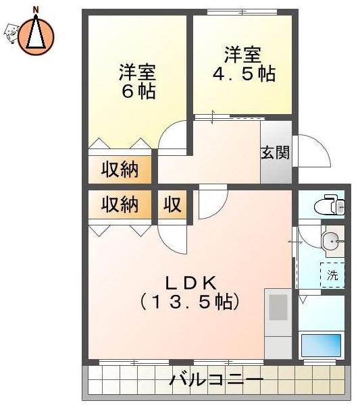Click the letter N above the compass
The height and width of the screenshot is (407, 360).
(36, 10)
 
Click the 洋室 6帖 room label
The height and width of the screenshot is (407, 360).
(138, 81)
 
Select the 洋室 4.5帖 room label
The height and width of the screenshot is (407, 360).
(243, 64)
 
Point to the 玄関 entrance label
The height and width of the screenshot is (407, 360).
(275, 152)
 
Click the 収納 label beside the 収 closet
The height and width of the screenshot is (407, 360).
(120, 205)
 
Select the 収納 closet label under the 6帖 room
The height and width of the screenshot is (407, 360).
(120, 169)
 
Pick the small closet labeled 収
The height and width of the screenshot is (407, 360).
(172, 205)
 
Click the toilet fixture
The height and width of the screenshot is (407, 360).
(330, 205)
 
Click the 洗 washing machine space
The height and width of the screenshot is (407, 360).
(332, 275)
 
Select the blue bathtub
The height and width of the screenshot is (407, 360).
(322, 345)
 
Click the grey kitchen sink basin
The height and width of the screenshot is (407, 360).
(278, 307)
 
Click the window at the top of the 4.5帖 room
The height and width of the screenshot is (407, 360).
(242, 12)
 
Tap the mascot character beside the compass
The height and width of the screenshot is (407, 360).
(11, 33)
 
